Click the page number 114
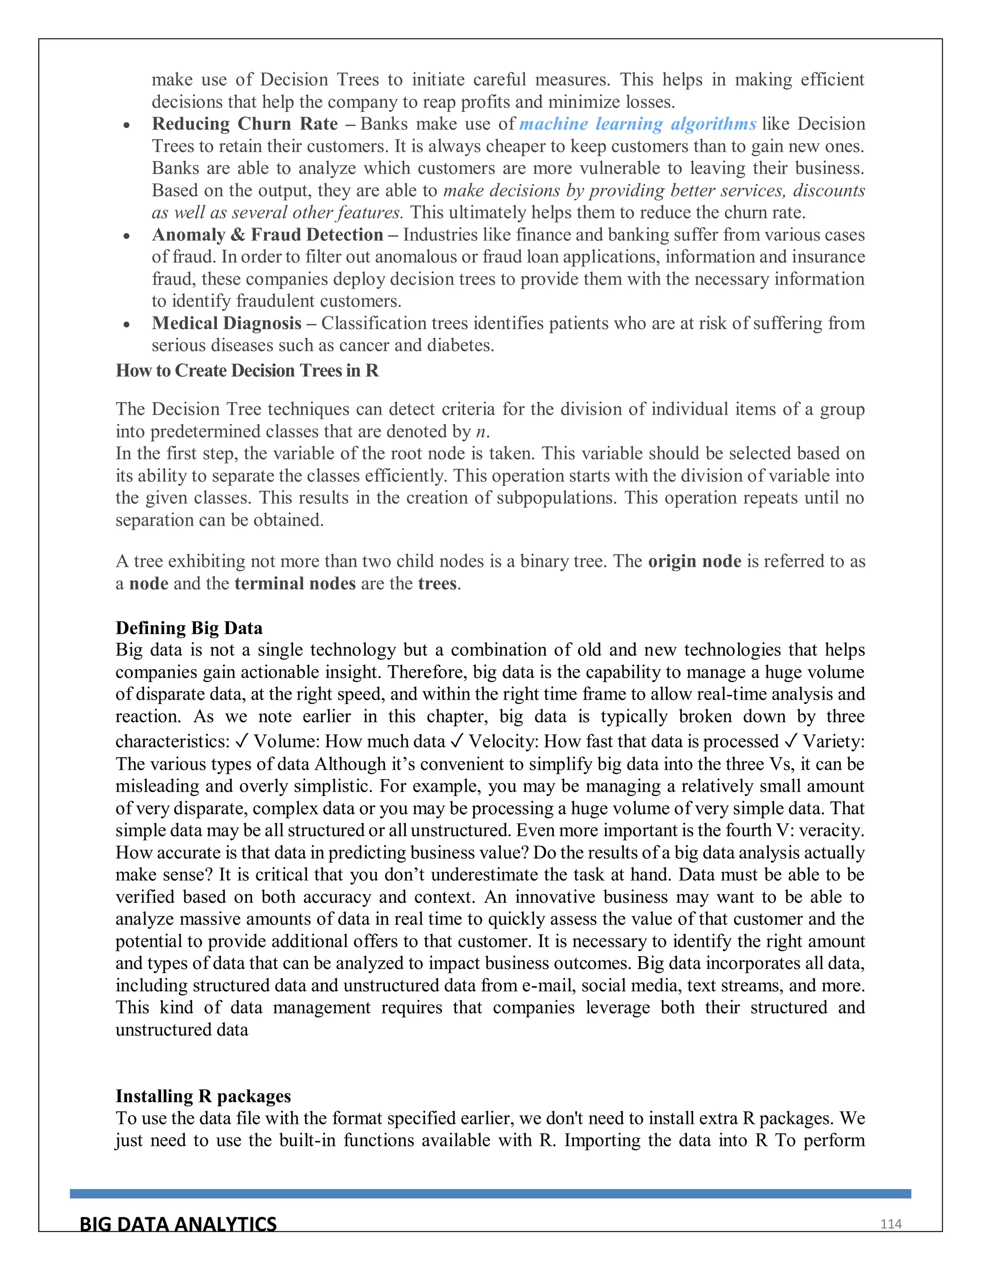click(x=890, y=1224)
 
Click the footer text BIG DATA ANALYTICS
click(x=178, y=1224)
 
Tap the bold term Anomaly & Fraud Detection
click(x=267, y=234)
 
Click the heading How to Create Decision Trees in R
click(x=247, y=370)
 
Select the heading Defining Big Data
click(x=189, y=628)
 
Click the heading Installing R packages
click(x=203, y=1096)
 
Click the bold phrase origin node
click(x=695, y=561)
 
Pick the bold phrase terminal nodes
click(x=295, y=583)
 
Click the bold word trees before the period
click(x=437, y=583)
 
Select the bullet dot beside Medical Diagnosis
click(x=126, y=324)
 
